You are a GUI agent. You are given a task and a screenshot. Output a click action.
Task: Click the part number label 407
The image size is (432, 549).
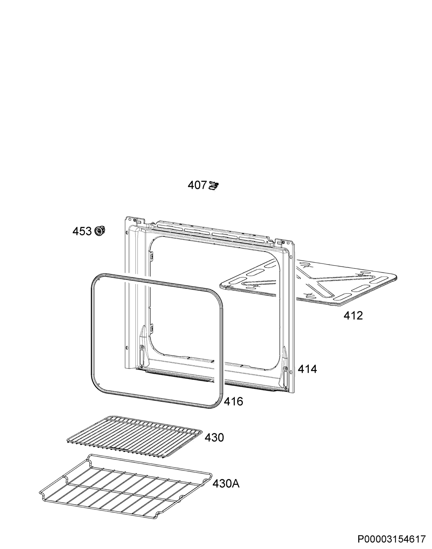click(197, 185)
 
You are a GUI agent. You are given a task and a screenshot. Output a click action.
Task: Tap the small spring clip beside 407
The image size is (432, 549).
click(214, 186)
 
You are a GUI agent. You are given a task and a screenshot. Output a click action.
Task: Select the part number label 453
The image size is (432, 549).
click(82, 231)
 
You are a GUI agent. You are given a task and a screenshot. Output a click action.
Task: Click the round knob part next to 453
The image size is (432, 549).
click(100, 231)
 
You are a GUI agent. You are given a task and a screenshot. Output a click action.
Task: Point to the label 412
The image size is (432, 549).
click(353, 316)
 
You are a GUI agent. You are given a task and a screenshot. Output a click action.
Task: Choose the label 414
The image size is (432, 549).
click(307, 369)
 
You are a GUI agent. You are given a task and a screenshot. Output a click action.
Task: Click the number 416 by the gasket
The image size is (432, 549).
click(233, 401)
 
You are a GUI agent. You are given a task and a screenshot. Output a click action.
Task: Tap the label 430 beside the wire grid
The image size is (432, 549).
click(214, 438)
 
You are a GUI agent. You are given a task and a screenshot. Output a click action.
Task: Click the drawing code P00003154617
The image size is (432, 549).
click(391, 538)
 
